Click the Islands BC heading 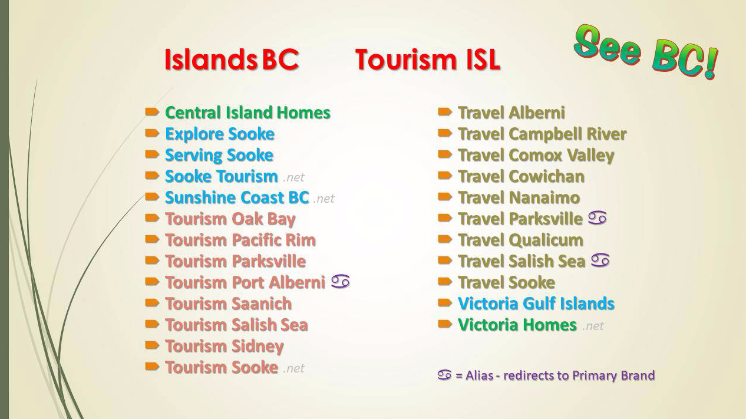coord(232,60)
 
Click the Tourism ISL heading coord(428,60)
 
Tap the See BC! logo coord(645,52)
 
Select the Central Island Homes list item coord(247,113)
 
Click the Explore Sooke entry coord(220,134)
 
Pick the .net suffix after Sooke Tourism coord(293,177)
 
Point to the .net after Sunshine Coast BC coord(324,199)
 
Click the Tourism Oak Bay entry coord(230,219)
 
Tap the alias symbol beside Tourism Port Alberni coord(341,282)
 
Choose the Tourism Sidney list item coord(225,347)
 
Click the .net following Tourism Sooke coord(293,368)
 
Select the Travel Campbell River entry coord(542,134)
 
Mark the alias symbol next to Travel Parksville coord(597,218)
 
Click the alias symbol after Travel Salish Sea coord(600,260)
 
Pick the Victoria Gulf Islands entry coord(536,303)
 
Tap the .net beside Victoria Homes coord(593,326)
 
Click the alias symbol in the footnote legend coord(445,375)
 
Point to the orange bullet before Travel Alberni coord(445,112)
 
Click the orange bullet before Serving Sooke coord(152,154)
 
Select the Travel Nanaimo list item coord(519,198)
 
